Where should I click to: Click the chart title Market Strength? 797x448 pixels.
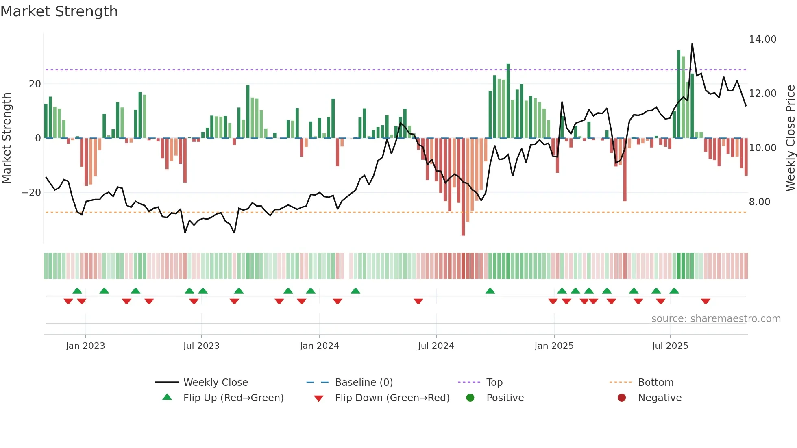coord(59,11)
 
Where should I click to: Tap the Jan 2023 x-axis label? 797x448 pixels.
coord(85,346)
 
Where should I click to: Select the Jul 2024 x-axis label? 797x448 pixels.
coord(436,346)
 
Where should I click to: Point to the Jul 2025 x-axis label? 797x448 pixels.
coord(670,346)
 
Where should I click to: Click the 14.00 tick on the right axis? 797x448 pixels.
coord(762,39)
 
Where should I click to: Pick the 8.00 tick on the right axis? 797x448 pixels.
coord(759,202)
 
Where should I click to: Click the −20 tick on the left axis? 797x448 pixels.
coord(31,192)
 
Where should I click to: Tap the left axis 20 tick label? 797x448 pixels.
coord(35,84)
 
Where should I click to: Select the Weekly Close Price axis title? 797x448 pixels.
coord(790,138)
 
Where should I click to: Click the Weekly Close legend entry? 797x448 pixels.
coord(215,382)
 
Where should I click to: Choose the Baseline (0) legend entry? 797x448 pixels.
coord(364,382)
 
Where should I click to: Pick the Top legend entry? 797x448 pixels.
coord(494,382)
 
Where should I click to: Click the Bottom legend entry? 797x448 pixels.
coord(655,382)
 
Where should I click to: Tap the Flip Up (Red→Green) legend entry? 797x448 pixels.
coord(233,398)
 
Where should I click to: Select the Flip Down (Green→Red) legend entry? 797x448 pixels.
coord(392,398)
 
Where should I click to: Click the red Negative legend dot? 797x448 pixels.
coord(621,398)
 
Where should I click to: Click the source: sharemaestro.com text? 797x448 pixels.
coord(716,318)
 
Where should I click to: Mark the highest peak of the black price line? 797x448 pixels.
coord(692,43)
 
